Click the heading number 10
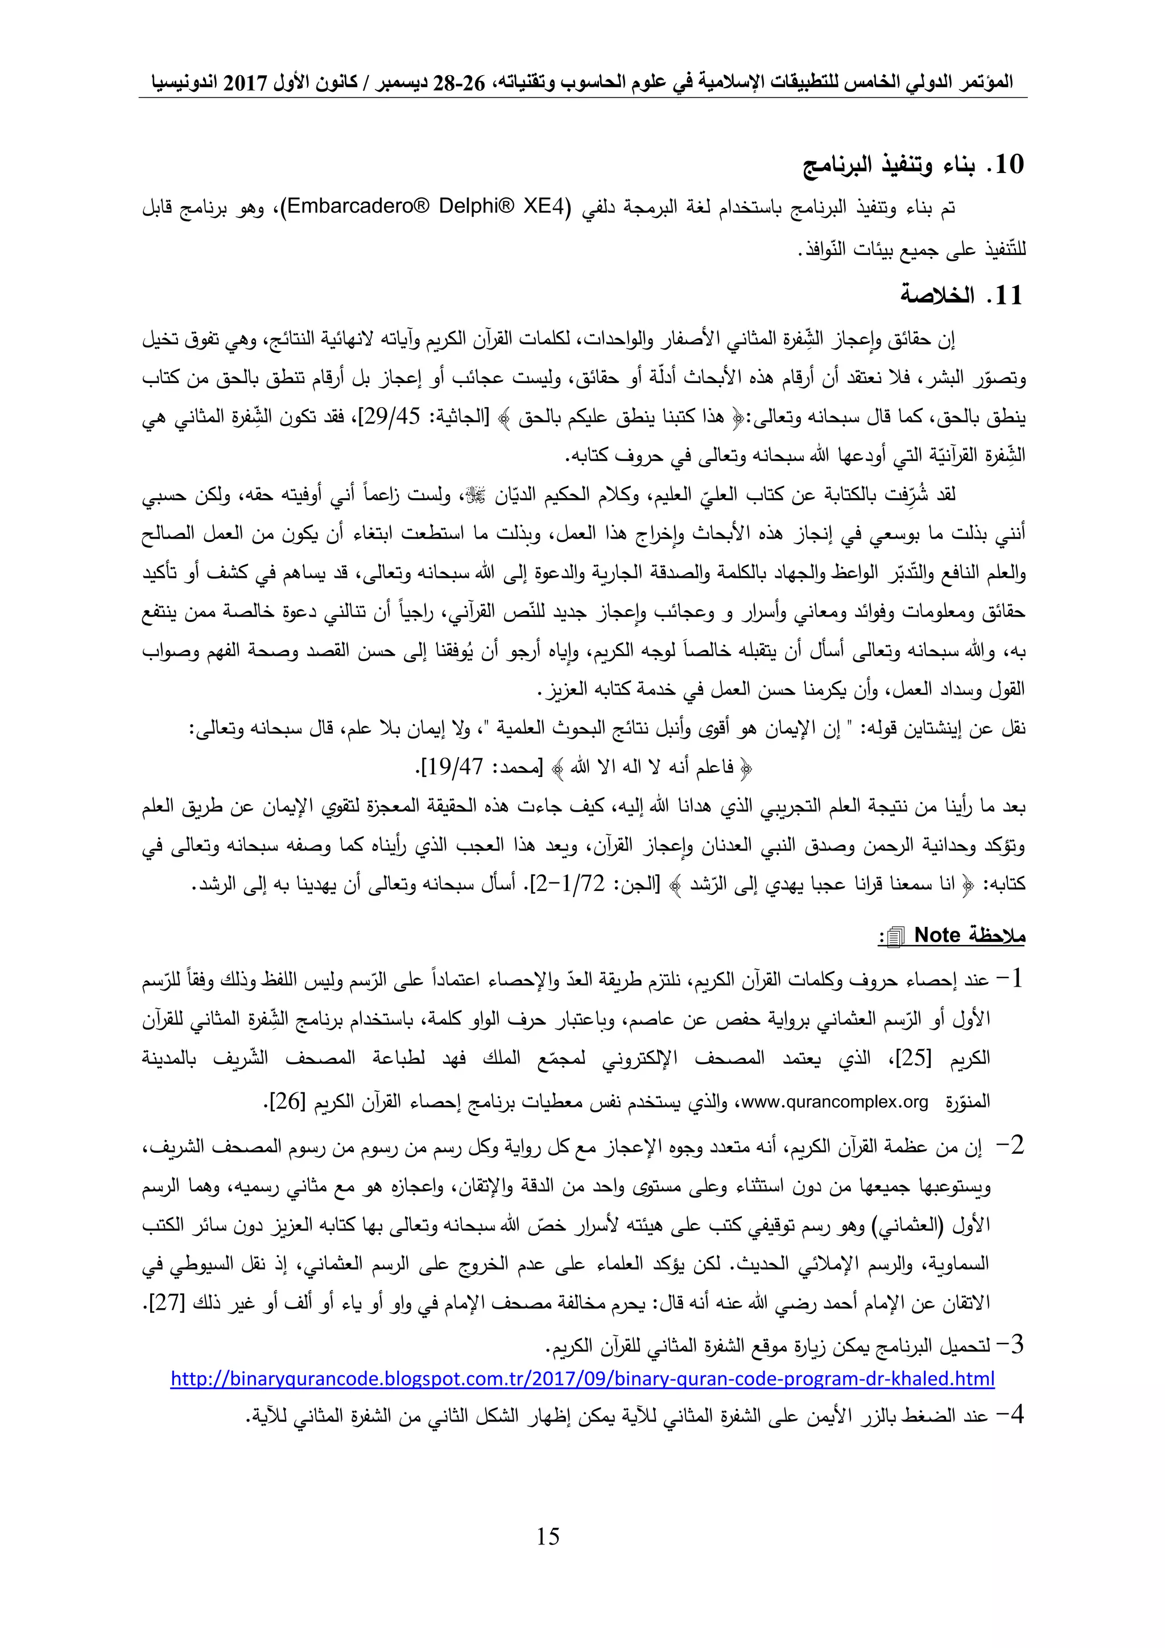click(x=1006, y=165)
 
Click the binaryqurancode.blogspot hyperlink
click(x=582, y=1379)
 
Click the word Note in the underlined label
click(x=937, y=935)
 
